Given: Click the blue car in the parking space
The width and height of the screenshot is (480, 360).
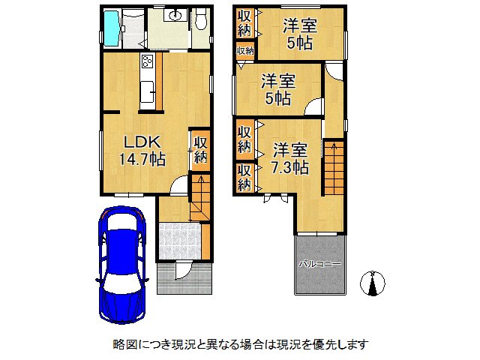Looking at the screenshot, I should tap(124, 262).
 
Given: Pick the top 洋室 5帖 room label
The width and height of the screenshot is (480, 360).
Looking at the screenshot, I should tap(299, 34).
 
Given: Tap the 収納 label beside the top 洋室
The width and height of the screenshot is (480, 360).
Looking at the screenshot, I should tap(244, 22).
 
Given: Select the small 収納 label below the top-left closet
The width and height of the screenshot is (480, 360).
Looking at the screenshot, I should tap(245, 51).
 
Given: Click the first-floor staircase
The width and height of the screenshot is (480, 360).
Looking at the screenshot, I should tap(201, 196).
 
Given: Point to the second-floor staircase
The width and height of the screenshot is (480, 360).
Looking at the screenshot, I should tap(334, 169).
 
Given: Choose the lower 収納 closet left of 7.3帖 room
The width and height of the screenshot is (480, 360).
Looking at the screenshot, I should tap(244, 177).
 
